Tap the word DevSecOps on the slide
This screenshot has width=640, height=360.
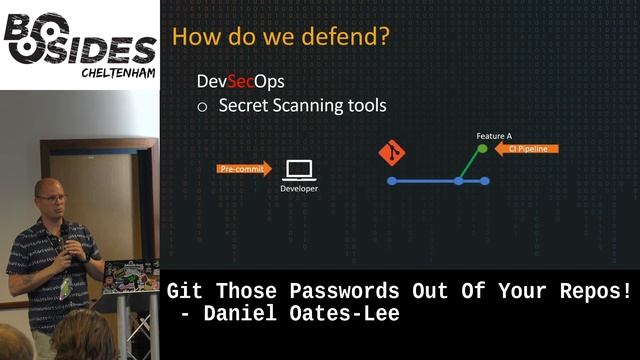pos(233,81)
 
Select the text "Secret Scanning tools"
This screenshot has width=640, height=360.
pos(302,105)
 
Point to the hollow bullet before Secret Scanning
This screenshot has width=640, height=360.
pos(202,106)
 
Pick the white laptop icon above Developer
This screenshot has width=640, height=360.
pos(299,169)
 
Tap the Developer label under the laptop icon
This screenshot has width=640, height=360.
pos(299,188)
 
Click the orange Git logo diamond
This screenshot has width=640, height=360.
pos(392,154)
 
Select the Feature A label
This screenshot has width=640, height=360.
pos(494,134)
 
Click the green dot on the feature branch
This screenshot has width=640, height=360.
pos(482,149)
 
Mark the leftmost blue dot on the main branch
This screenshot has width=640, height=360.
pos(392,181)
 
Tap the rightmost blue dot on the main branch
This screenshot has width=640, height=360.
pos(485,181)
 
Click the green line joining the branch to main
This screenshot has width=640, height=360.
pos(470,165)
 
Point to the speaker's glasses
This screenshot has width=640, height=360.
pos(52,198)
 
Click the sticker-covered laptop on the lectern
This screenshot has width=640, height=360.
pos(131,274)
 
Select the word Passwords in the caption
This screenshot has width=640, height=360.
pos(344,292)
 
